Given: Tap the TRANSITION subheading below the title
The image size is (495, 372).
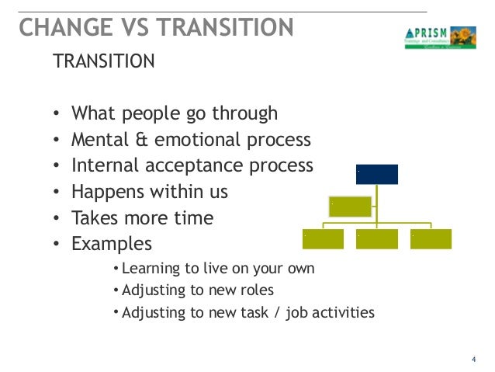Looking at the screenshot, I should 103,61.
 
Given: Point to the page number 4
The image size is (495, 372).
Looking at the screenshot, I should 473,358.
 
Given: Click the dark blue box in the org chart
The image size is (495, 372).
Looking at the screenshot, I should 376,174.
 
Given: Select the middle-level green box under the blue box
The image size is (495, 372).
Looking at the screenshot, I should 349,207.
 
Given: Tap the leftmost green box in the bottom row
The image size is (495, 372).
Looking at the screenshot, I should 323,239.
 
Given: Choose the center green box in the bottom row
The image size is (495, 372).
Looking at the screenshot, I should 376,239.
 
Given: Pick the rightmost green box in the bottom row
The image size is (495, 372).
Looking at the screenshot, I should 431,239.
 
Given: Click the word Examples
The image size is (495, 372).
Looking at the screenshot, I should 112,245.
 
